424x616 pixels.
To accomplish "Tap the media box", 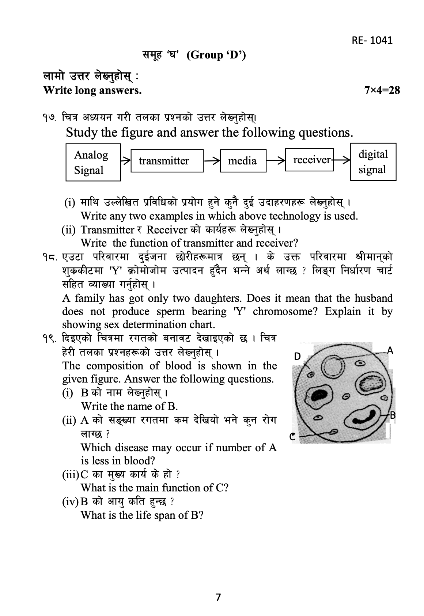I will (243, 161).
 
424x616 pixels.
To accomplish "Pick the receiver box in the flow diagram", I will (309, 160).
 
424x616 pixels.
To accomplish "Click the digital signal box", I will (373, 162).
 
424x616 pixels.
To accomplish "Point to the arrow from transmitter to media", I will (212, 161).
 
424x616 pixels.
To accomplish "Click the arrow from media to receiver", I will (276, 160).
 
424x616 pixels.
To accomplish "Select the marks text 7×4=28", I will (382, 90).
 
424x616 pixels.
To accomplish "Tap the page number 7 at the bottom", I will (218, 597).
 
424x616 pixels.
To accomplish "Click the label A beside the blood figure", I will (390, 351).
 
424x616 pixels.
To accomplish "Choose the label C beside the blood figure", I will (292, 437).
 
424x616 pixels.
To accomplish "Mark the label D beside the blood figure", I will (298, 357).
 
